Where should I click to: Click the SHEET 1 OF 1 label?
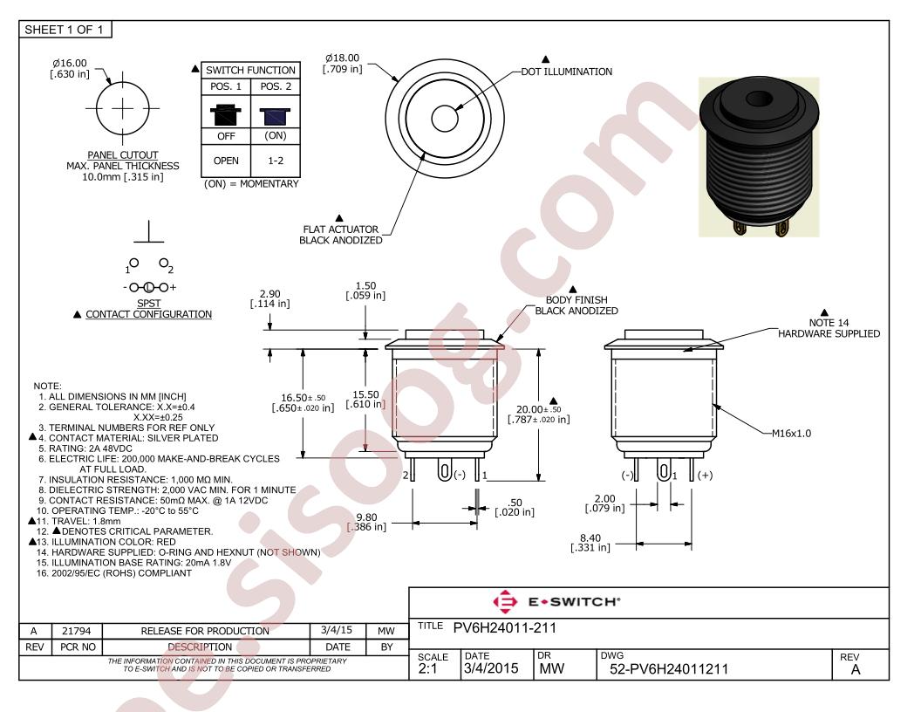tap(64, 30)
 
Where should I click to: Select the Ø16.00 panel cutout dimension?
tap(69, 63)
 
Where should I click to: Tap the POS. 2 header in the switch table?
tap(276, 86)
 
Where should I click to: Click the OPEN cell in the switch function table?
tap(226, 161)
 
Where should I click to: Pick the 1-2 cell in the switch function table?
tap(276, 161)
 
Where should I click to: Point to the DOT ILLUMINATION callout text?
tap(567, 72)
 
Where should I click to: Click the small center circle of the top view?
tap(445, 118)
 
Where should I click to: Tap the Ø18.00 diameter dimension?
tap(343, 58)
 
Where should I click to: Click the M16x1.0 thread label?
tap(791, 434)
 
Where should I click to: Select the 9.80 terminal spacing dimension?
tap(367, 517)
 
